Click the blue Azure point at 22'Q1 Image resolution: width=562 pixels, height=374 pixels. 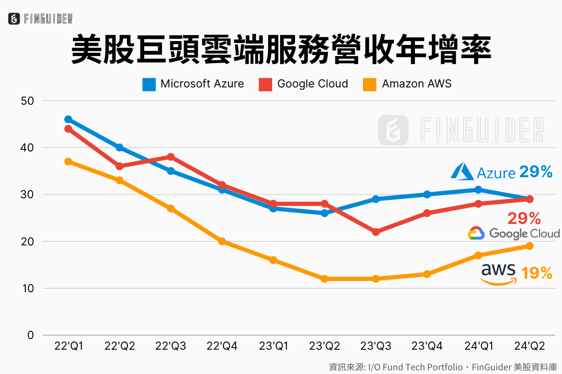pyautogui.click(x=68, y=119)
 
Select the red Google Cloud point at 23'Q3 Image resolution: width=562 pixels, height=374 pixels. pyautogui.click(x=376, y=232)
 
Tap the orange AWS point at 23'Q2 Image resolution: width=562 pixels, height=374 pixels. pyautogui.click(x=325, y=279)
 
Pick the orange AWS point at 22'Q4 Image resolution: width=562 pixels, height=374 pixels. pyautogui.click(x=222, y=241)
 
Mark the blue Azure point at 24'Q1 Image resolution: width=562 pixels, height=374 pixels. pyautogui.click(x=478, y=189)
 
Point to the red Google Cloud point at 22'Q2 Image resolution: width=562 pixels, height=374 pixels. pyautogui.click(x=119, y=166)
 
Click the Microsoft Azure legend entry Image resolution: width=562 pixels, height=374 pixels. pyautogui.click(x=193, y=84)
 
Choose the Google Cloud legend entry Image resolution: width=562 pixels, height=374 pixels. pyautogui.click(x=303, y=84)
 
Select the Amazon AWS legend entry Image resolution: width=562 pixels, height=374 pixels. pyautogui.click(x=407, y=84)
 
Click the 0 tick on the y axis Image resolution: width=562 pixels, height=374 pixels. pyautogui.click(x=31, y=335)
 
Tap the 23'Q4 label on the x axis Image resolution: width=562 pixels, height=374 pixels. pyautogui.click(x=427, y=346)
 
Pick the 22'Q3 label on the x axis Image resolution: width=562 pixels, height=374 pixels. pyautogui.click(x=170, y=346)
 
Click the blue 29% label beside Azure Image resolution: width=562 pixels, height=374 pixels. pyautogui.click(x=536, y=172)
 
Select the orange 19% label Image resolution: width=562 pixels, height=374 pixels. pyautogui.click(x=537, y=273)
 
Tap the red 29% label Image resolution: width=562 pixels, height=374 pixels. pyautogui.click(x=524, y=218)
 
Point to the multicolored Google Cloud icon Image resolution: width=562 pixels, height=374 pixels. pyautogui.click(x=476, y=233)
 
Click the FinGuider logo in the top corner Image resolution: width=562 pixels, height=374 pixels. pyautogui.click(x=40, y=19)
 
